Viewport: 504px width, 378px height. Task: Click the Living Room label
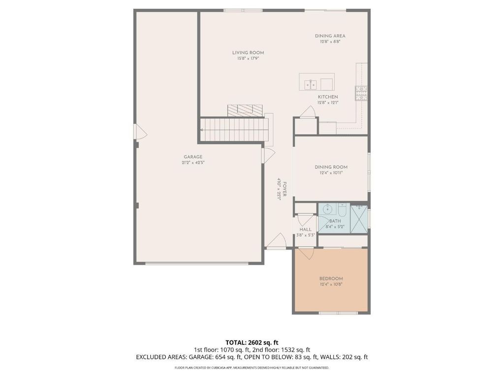248,53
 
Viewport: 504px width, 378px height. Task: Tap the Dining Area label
330,36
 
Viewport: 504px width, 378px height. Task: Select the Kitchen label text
328,97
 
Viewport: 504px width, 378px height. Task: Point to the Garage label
193,157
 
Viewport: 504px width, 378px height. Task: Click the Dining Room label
331,167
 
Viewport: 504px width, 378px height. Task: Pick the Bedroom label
331,279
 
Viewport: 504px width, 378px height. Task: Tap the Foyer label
284,189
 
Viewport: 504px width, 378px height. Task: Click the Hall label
305,229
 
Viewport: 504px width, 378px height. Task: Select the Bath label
335,221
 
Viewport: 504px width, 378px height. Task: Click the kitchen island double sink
311,85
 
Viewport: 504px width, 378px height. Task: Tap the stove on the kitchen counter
361,93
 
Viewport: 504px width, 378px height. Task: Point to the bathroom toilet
343,210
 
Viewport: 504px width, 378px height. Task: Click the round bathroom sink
327,209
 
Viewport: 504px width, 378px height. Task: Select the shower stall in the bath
359,219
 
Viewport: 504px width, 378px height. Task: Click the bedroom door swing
306,253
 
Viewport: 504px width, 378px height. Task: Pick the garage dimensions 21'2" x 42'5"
193,162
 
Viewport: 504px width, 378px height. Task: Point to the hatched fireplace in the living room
245,111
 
